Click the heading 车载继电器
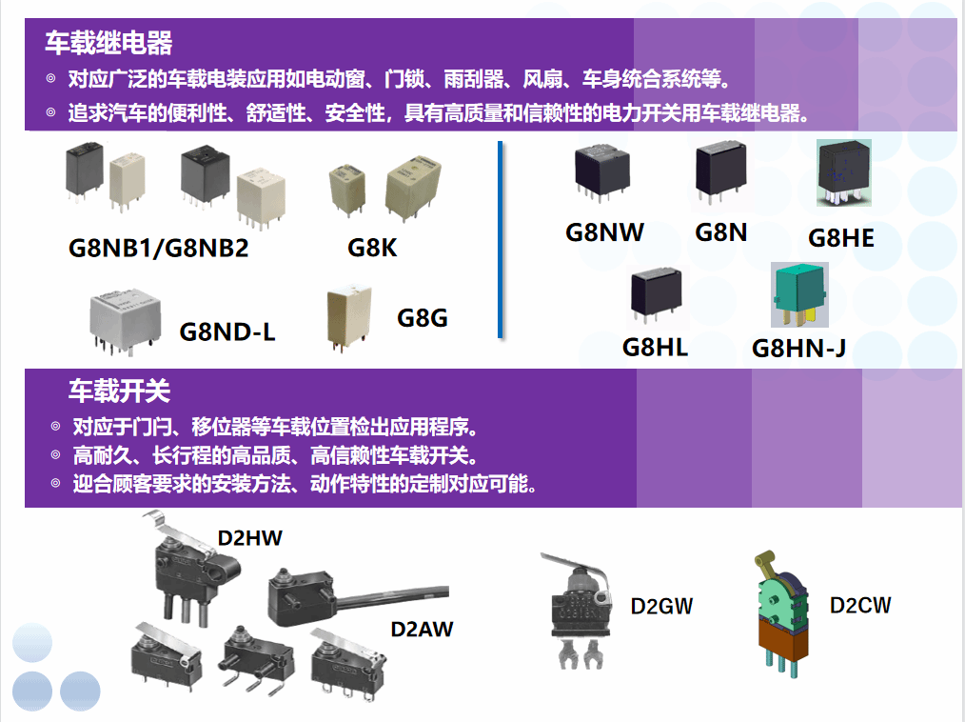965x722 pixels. coord(108,43)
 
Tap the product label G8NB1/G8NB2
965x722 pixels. coord(158,248)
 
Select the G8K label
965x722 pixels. coord(372,248)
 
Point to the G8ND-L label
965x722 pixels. coord(227,331)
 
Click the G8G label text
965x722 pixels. coord(423,317)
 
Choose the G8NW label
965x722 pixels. coord(604,231)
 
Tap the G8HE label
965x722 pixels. coord(840,237)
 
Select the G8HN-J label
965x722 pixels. coord(798,349)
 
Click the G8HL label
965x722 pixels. coord(655,347)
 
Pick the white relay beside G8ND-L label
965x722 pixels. coord(126,316)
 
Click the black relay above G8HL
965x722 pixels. coord(655,291)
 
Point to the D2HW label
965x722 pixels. coord(250,538)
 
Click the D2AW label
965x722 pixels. coord(422,630)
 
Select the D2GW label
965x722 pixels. coord(661,606)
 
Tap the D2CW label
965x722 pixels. coord(860,605)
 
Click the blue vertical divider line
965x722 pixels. coord(501,238)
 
